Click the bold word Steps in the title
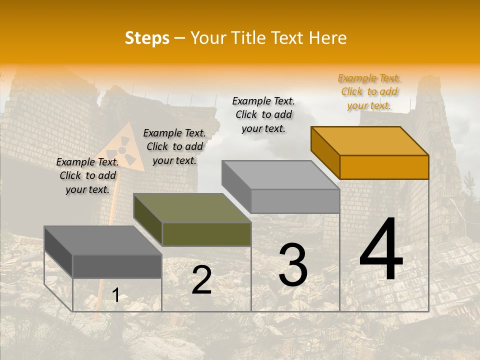(x=147, y=38)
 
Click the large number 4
(x=381, y=250)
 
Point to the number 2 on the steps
(x=201, y=280)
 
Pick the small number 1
(x=115, y=295)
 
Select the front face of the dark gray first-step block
(x=117, y=266)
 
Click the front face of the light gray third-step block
(x=295, y=201)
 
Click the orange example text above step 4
(x=369, y=92)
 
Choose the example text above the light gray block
(x=263, y=115)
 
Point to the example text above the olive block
(x=174, y=147)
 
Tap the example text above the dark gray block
(x=87, y=176)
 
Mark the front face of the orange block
(x=384, y=167)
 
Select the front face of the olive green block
(x=206, y=234)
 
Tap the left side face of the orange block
(x=325, y=152)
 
